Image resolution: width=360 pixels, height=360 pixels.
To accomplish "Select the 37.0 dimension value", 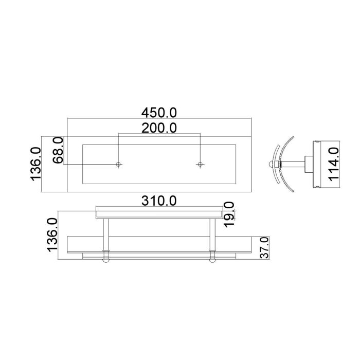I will point(265,248).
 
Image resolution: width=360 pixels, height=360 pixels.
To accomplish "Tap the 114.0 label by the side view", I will point(334,164).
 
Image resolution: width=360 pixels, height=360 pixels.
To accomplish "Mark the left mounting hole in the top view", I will point(119,164).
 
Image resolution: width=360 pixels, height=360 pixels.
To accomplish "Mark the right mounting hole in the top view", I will point(200,164).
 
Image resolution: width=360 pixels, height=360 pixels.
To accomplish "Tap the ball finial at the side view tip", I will point(273,165).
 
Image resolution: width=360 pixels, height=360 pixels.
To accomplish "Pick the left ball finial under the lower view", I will point(106,260).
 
